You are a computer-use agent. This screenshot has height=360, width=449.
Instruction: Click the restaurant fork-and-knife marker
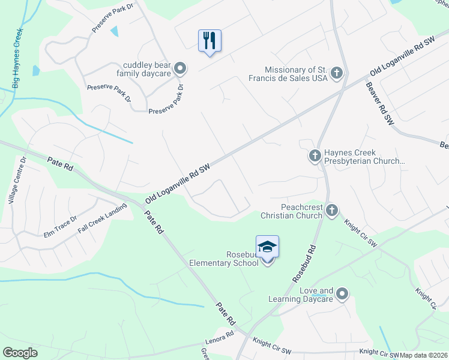coord(209,41)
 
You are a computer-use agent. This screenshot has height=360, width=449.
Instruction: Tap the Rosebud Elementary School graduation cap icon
coord(267,247)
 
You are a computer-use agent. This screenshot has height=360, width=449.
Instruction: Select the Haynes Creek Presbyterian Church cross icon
coord(315,157)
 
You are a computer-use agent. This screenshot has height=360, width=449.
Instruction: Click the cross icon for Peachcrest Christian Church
coord(332,211)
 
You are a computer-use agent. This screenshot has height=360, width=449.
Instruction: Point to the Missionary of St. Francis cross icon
coord(337,74)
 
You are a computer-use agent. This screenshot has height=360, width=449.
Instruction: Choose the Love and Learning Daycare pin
coord(342,293)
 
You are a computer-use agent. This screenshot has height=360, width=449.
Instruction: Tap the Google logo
coord(20,353)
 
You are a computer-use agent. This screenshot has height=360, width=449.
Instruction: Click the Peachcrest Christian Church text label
coord(291,211)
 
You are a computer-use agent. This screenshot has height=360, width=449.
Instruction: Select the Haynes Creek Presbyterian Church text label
coord(364,157)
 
